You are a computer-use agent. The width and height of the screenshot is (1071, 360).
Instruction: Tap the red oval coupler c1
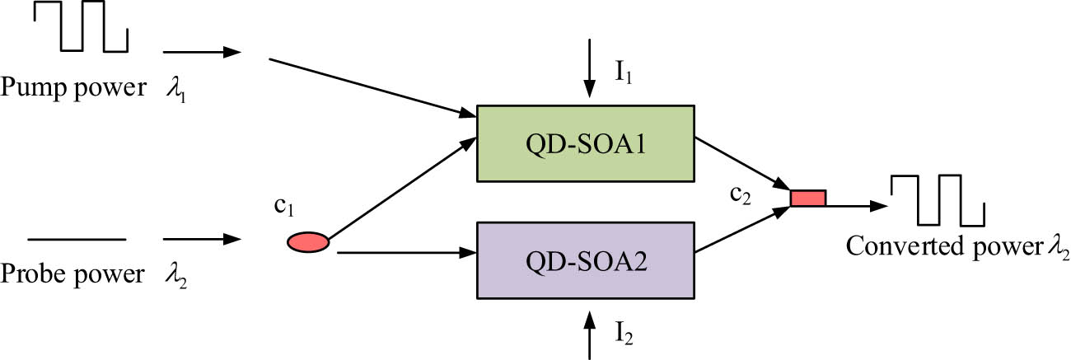[x=308, y=241]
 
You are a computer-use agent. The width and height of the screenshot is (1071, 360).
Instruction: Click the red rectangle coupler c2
[x=807, y=199]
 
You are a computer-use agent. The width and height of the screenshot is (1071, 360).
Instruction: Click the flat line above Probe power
[x=77, y=240]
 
